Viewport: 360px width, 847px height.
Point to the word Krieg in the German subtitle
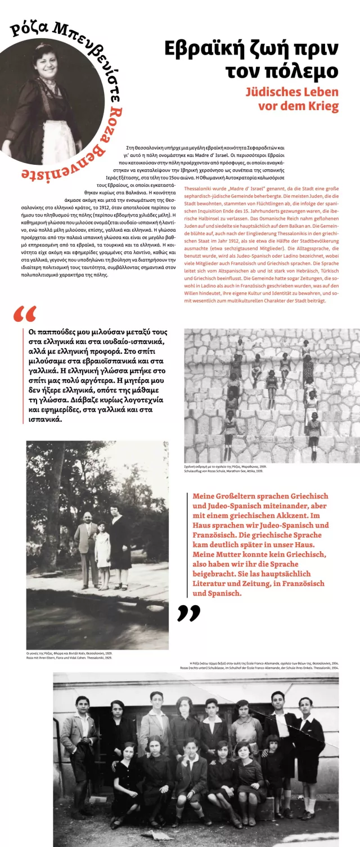(322, 106)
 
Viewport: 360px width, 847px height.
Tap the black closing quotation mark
(188, 612)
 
